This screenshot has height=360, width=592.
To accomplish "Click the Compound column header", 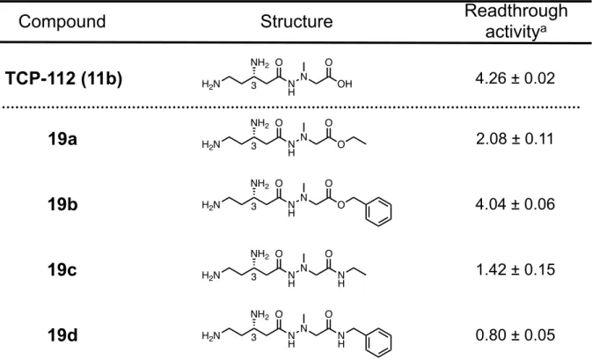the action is tap(62, 21).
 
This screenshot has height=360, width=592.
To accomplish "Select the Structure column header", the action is tap(296, 21).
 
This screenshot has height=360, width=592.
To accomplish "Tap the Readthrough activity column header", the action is tap(515, 21).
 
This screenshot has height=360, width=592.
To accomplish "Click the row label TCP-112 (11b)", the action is tap(64, 78).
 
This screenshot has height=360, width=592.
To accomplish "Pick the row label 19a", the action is tap(62, 139).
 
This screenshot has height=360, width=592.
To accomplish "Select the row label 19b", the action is tap(62, 204).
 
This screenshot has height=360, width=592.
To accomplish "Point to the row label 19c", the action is tap(62, 269).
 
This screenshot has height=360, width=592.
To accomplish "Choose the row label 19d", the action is tap(62, 335).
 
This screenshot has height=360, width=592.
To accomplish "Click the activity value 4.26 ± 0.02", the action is tap(515, 78).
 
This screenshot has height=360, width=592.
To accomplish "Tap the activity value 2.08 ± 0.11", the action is tap(515, 139).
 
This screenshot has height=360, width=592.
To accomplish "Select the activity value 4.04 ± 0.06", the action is tap(515, 204).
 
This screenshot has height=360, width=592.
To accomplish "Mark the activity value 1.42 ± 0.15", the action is tap(515, 269).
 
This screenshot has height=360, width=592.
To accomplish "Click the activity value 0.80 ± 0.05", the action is tap(515, 335).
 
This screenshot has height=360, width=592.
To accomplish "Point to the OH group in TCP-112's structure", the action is tap(344, 84).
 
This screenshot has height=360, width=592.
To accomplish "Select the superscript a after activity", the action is tap(544, 29).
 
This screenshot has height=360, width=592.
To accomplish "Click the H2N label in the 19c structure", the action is tap(211, 275).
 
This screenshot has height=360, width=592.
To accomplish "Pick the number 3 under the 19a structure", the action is tap(253, 146).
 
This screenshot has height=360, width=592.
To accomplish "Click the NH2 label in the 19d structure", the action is tap(259, 315).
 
